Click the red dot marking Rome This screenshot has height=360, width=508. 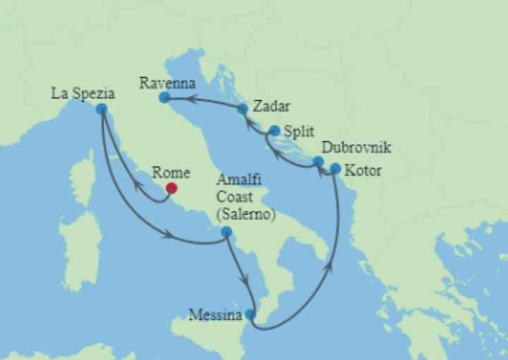point(171,188)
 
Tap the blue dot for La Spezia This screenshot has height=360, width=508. point(102,109)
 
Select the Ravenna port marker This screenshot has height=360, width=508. point(164,97)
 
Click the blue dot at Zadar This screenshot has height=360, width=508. point(243,109)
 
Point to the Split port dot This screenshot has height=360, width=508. point(274,130)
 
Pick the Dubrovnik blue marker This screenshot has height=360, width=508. point(318,162)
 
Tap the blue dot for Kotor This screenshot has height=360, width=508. point(335,169)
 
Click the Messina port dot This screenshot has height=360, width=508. point(250,314)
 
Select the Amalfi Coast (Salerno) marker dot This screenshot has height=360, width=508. point(226,232)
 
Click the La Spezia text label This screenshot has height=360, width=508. point(83,92)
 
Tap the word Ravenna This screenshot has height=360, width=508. point(167,83)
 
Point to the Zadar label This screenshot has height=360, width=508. point(272,107)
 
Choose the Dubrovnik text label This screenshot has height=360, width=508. point(356,148)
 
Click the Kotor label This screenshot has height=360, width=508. point(364,171)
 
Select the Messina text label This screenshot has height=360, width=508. point(215,316)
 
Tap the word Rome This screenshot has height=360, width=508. point(171,172)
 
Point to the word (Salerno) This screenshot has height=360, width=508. point(246,213)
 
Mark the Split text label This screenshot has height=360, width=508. point(298,131)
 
